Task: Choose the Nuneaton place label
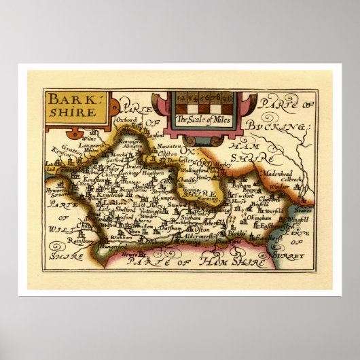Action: pos(168,146)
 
